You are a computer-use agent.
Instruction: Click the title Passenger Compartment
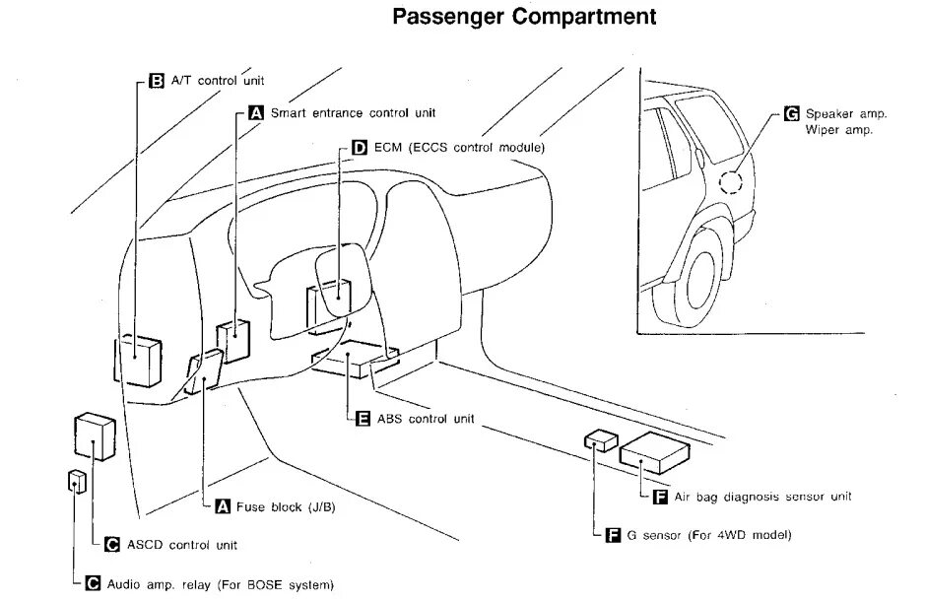click(524, 17)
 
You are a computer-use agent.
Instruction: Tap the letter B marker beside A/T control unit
click(156, 81)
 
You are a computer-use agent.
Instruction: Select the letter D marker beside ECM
click(359, 147)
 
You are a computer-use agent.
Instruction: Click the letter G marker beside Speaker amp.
click(790, 113)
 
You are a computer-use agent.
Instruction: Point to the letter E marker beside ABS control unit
click(362, 419)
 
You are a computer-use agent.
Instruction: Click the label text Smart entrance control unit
click(353, 113)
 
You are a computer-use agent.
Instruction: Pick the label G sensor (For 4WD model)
click(708, 535)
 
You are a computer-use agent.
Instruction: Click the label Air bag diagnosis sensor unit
click(762, 497)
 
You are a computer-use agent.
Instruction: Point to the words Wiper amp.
click(838, 130)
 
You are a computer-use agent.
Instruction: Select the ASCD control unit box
click(94, 436)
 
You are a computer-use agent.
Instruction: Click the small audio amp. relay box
click(77, 481)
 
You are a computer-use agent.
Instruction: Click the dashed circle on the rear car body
click(731, 182)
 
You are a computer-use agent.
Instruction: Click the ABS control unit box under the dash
click(353, 361)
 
